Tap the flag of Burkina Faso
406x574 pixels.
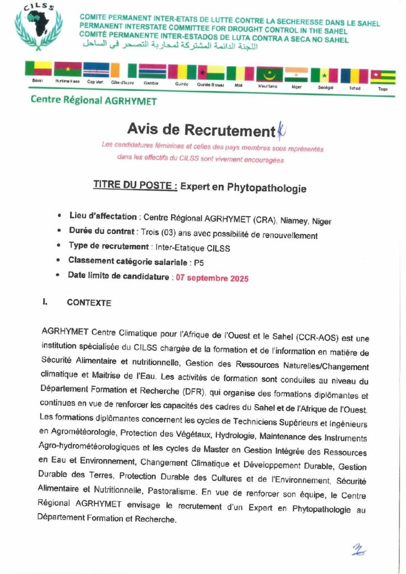coord(68,70)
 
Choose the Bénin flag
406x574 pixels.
coord(38,68)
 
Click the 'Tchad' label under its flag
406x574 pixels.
coord(354,88)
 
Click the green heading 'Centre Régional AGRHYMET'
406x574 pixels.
coord(94,101)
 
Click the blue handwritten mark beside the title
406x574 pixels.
coord(281,131)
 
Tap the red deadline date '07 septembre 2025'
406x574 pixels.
coord(212,278)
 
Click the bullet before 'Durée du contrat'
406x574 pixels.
coord(60,231)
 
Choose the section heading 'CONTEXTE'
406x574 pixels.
coord(89,303)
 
